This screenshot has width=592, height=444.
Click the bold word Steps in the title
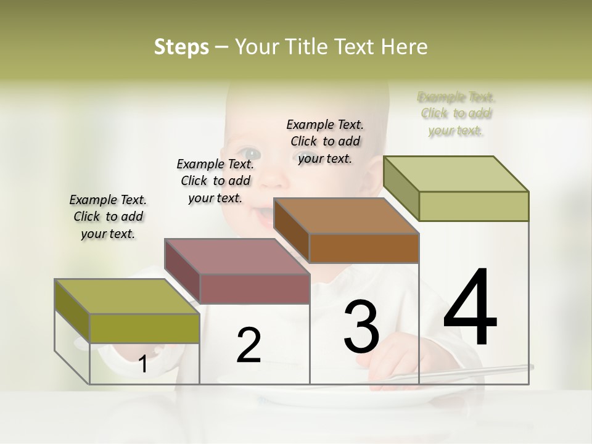(181, 47)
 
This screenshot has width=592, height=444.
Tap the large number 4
(470, 308)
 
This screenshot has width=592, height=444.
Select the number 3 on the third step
(361, 327)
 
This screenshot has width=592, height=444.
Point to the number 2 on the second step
(249, 345)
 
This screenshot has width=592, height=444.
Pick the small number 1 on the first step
(143, 364)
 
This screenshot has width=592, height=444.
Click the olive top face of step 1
(127, 296)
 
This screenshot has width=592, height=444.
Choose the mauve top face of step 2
(237, 256)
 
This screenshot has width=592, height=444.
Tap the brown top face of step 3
(346, 216)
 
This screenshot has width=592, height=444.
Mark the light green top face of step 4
(456, 174)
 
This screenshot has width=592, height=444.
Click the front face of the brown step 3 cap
(364, 248)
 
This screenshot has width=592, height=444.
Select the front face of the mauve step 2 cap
(255, 289)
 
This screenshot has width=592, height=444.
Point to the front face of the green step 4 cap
(474, 206)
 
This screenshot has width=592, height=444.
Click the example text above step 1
(108, 216)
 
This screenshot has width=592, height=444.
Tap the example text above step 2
(215, 181)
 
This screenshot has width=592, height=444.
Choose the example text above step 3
(325, 141)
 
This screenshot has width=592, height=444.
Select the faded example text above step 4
(456, 113)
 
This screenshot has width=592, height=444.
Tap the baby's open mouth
(264, 216)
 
